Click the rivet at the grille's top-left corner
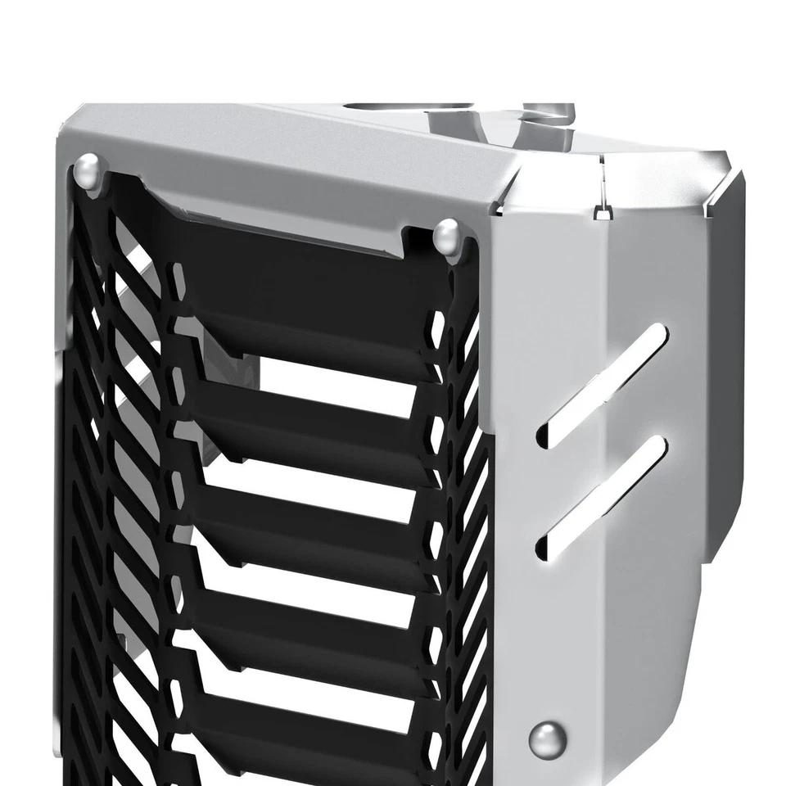(x=88, y=172)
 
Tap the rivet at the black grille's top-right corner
(x=447, y=235)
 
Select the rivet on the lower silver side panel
(x=547, y=739)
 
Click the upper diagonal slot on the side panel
(x=602, y=386)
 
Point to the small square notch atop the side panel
(x=602, y=213)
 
